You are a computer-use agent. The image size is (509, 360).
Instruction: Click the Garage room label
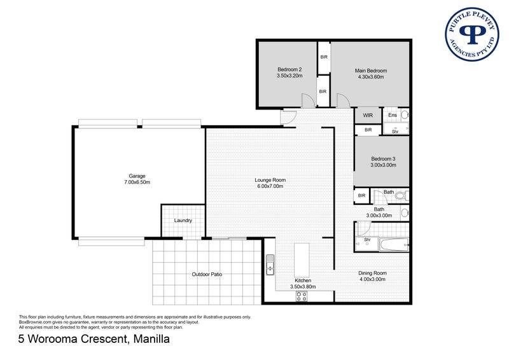pos(137,176)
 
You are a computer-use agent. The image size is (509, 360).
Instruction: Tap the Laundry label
pos(183,221)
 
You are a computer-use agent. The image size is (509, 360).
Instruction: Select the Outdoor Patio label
pos(207,274)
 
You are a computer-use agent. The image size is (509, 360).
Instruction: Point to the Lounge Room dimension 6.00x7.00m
pos(270,186)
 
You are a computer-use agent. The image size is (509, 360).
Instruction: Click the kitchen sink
pos(270,265)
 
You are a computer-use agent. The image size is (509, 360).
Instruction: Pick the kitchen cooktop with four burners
pos(301,296)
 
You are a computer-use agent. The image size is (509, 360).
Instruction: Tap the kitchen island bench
pos(302,260)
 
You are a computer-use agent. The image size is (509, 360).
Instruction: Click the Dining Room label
pos(372,273)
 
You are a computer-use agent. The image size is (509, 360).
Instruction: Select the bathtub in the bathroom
pos(394,244)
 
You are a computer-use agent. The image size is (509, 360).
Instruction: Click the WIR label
pos(368,115)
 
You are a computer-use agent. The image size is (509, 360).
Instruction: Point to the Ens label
pos(393,115)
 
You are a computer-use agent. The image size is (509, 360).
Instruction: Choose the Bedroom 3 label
pos(384,159)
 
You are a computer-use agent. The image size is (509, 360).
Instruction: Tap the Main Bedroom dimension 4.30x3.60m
pos(371,77)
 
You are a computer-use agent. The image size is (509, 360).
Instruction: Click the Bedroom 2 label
pos(289,69)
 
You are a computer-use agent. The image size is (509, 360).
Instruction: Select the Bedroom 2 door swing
pos(309,100)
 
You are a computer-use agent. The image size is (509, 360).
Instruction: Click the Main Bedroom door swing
pos(343,100)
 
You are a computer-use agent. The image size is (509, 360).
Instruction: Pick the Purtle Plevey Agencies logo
pos(471,34)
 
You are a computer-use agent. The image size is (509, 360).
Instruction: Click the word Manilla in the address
pos(151,339)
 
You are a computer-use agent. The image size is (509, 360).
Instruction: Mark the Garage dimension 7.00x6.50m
pos(137,183)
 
